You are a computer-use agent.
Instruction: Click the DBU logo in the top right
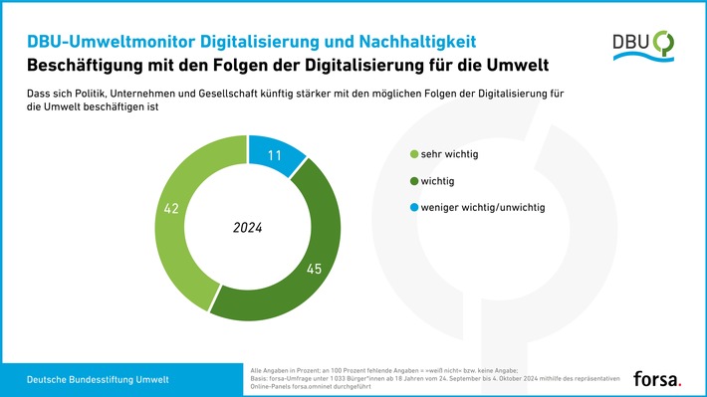644,45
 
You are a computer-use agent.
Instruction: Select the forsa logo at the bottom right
658,377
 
